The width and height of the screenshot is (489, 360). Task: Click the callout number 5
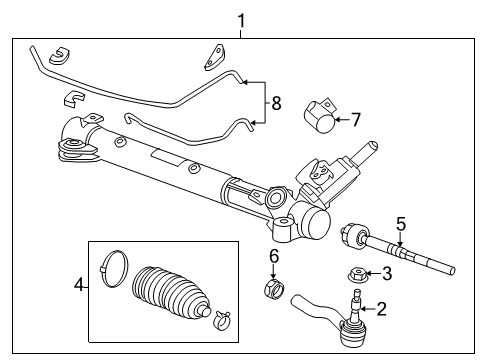tap(399, 223)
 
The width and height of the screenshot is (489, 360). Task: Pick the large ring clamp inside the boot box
tap(115, 265)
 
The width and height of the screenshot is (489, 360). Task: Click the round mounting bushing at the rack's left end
tap(72, 153)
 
